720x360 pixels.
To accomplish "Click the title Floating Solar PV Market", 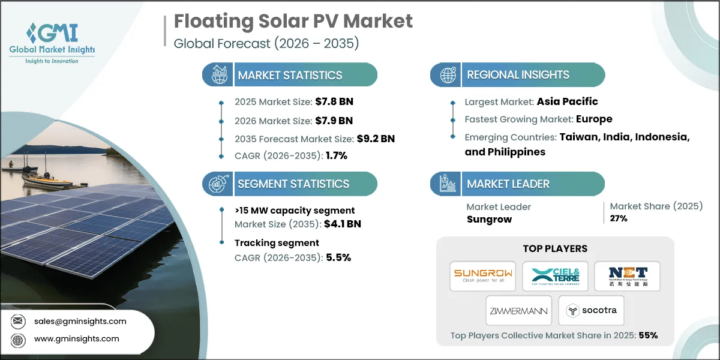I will tap(293, 22).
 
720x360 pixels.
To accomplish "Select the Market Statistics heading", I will tap(290, 75).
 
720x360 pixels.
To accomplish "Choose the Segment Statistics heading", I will tap(293, 184).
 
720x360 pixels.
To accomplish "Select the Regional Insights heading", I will tap(518, 75).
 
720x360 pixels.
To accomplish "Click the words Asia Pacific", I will tap(567, 101).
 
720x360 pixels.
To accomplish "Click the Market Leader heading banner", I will tap(508, 184).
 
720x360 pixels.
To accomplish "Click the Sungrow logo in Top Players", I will tap(482, 276).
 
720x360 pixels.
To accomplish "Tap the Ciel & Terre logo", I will tap(554, 276).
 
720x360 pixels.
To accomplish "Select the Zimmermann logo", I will tap(519, 310).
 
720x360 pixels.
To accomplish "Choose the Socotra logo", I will tap(590, 310).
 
